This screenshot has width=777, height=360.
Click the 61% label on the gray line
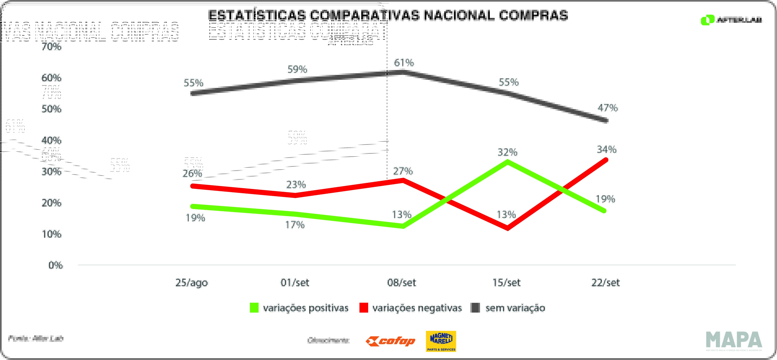pos(404,63)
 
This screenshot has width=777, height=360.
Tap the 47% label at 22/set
pos(608,108)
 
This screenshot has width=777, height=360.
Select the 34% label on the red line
pos(606,149)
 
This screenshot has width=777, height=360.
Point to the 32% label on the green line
pos(507,152)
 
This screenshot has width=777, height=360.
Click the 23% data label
pos(296,184)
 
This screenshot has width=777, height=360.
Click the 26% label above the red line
pos(192,173)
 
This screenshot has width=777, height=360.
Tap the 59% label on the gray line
pos(297,69)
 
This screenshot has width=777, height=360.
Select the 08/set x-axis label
pos(402,283)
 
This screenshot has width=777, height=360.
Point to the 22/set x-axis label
pos(605,283)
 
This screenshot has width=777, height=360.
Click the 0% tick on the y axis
pos(56,265)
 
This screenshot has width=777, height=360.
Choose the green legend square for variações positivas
pos(254,308)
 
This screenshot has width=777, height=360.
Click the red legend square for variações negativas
pos(363,308)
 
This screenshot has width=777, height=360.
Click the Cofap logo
pos(390,341)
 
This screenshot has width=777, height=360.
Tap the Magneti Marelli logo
pos(441,341)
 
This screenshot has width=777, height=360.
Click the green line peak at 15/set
pos(508,162)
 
